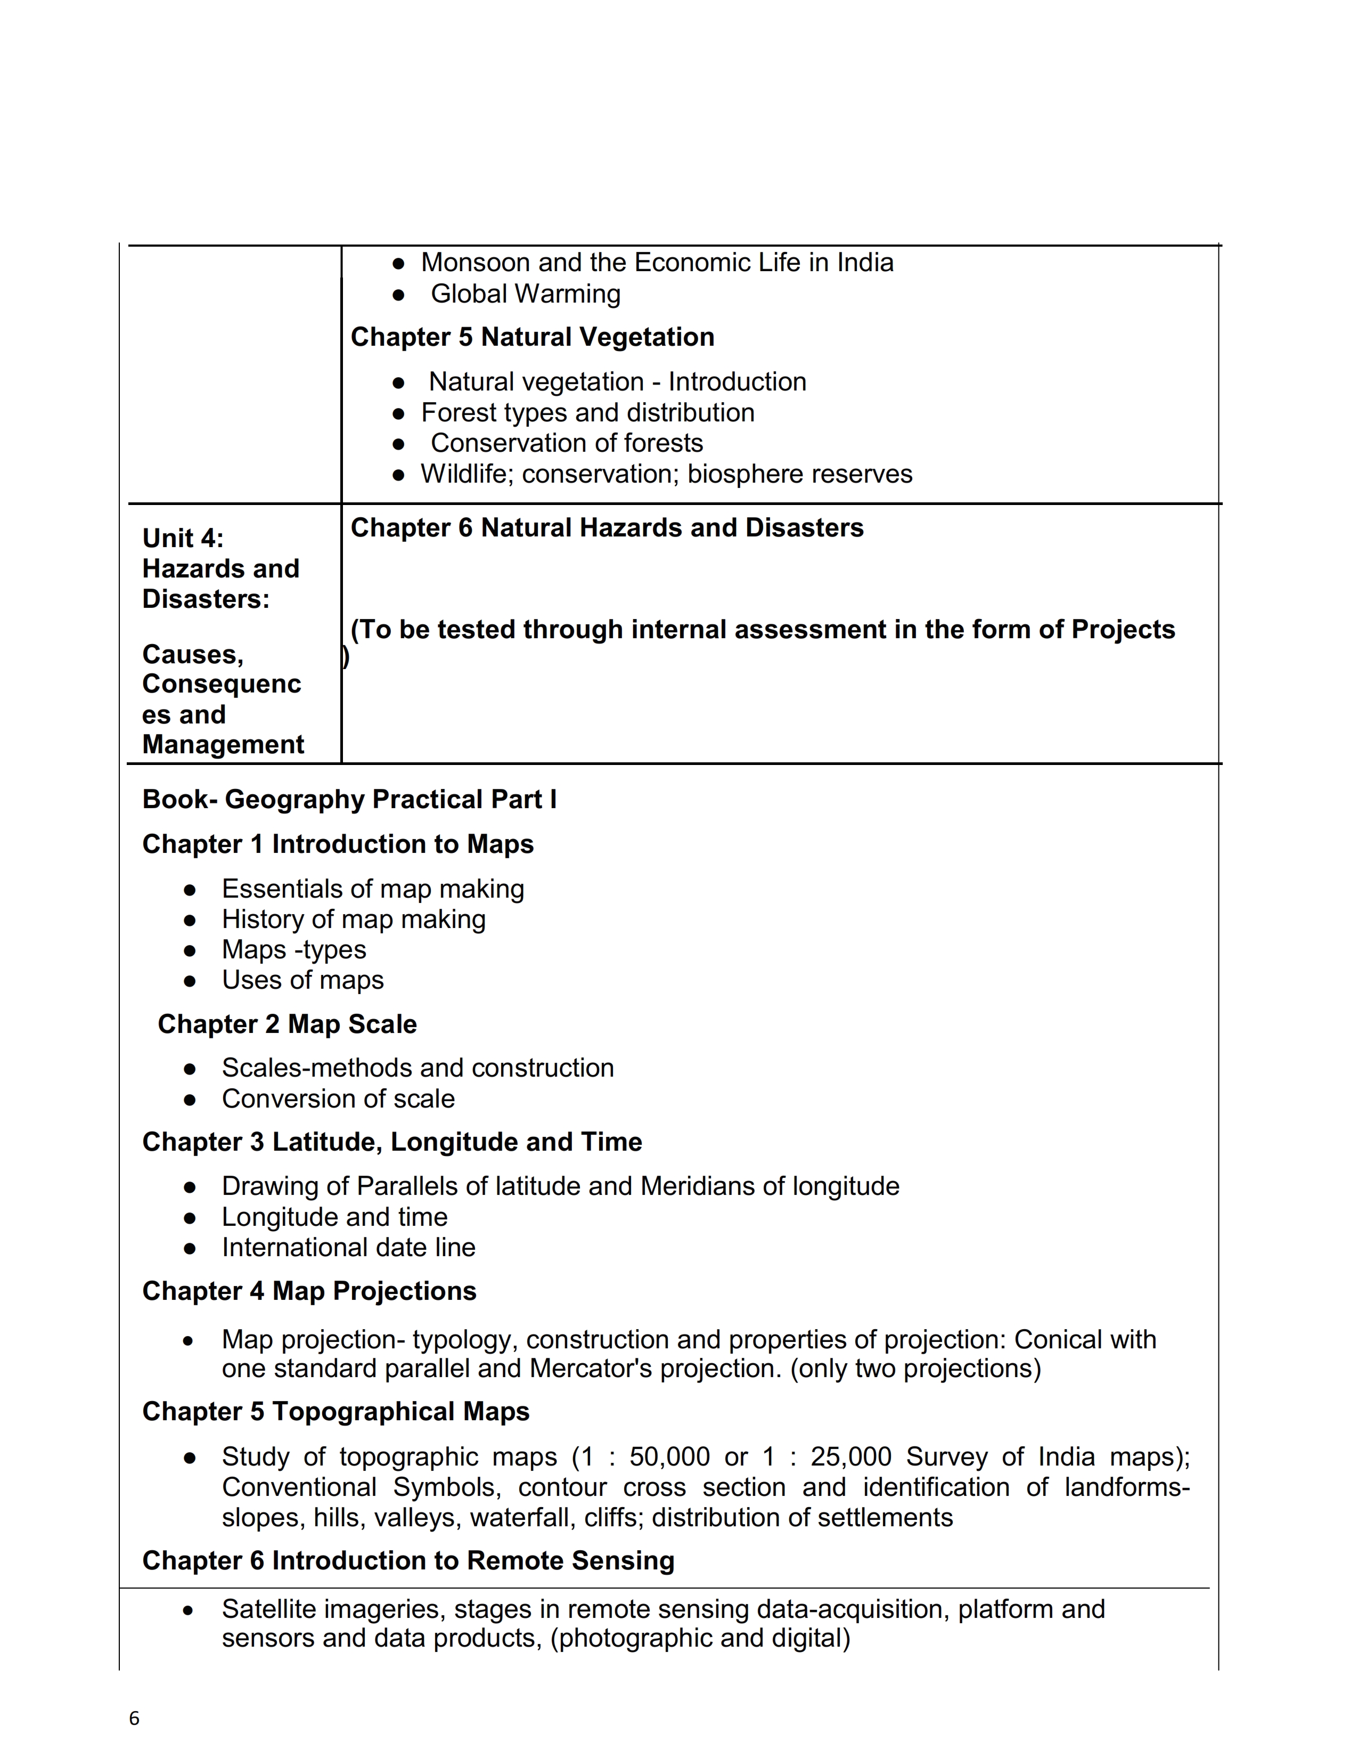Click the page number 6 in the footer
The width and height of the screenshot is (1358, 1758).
134,1719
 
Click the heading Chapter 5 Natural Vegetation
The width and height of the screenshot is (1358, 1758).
532,337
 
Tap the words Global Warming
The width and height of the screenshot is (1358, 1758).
525,294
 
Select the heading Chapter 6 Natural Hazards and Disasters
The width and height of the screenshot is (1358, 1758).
607,527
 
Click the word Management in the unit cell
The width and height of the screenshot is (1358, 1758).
223,745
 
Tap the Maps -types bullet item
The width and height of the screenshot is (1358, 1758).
293,950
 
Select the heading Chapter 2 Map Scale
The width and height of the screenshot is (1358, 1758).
287,1024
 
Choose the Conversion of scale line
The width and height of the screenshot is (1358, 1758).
338,1098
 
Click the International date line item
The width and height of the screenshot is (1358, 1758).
348,1248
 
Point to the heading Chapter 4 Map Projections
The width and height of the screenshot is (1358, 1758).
309,1291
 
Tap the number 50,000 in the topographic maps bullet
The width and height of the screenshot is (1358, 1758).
669,1457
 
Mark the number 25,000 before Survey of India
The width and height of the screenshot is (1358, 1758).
850,1457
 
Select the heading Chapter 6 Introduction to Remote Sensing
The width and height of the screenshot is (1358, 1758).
408,1561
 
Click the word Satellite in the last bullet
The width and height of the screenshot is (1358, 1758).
269,1609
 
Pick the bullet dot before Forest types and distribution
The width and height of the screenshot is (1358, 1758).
398,414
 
